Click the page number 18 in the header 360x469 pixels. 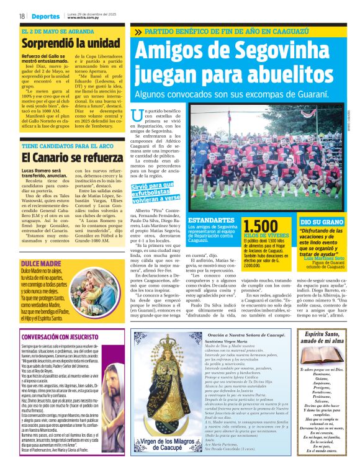pos(22,16)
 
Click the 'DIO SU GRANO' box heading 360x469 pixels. pos(320,221)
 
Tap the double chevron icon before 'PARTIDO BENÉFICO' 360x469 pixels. pos(137,32)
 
